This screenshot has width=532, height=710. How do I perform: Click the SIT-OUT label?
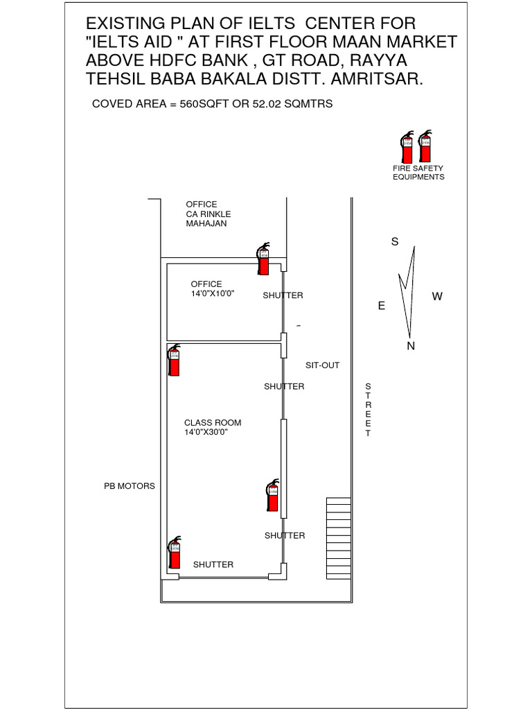[323, 365]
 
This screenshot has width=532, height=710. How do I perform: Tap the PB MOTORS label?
[130, 486]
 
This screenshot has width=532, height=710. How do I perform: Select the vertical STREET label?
[368, 410]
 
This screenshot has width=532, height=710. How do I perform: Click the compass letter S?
[395, 242]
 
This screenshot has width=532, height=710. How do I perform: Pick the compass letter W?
[437, 297]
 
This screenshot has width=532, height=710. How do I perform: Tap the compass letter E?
[381, 306]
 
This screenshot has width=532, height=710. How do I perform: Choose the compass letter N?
[411, 346]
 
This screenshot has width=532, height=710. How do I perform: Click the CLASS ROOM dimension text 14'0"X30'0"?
[206, 432]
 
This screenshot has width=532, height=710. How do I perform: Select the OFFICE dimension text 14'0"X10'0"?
[213, 293]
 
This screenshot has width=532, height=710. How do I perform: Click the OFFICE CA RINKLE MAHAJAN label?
[208, 214]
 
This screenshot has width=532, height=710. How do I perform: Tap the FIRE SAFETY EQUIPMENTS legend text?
[418, 173]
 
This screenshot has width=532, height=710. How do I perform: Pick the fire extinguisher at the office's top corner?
[263, 259]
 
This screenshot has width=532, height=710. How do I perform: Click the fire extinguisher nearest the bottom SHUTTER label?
[175, 553]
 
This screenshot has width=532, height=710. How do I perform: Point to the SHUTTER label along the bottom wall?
[213, 564]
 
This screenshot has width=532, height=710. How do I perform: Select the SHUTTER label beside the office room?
[283, 295]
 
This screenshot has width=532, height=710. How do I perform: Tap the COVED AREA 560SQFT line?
[213, 105]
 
